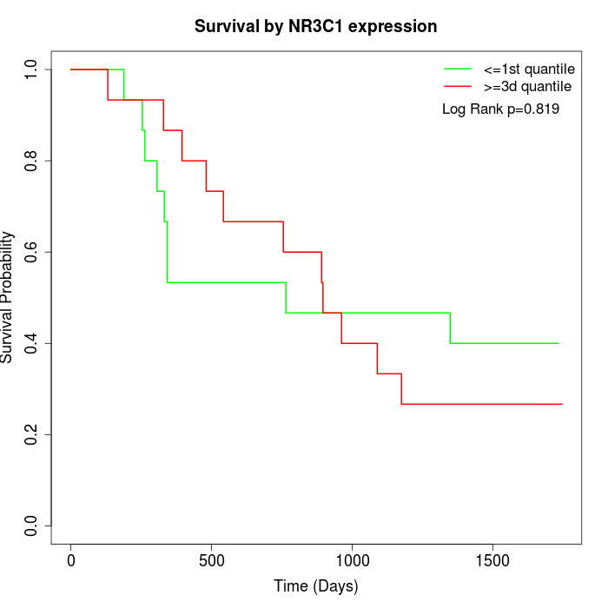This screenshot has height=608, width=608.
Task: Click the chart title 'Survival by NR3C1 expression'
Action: click(x=315, y=27)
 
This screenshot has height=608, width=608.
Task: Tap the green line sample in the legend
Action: click(x=458, y=69)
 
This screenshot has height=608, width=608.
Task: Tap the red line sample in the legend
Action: click(x=458, y=87)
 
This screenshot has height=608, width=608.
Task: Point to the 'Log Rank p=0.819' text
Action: click(x=500, y=109)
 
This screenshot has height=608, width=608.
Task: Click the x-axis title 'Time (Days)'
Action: click(x=315, y=586)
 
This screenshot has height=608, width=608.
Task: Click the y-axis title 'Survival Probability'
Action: click(x=8, y=297)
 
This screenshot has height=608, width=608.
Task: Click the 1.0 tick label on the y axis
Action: click(x=32, y=69)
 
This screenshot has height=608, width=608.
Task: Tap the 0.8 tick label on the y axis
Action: click(x=32, y=161)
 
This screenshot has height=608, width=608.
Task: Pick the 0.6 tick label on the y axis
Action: click(x=32, y=252)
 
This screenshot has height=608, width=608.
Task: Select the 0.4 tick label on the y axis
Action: click(x=32, y=343)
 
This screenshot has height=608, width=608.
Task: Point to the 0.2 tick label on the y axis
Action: click(x=32, y=434)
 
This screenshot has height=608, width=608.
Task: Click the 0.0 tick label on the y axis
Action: click(x=32, y=525)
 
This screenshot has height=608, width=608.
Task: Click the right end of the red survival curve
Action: click(x=562, y=404)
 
